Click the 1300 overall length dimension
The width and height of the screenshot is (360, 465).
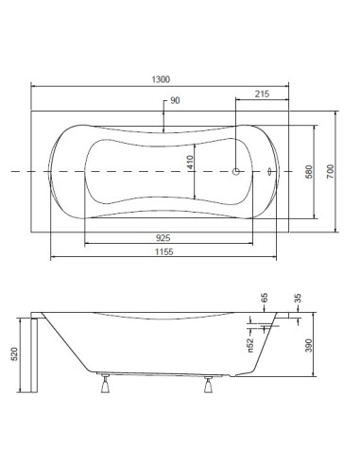point(161,79)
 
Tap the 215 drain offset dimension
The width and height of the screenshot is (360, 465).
point(262,94)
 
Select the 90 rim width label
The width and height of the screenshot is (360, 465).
point(175,100)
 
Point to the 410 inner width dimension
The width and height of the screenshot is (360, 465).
point(190,162)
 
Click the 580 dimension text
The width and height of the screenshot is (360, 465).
point(309,172)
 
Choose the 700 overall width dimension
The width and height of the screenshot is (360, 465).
point(330,172)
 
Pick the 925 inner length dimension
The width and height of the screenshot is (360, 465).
point(163,237)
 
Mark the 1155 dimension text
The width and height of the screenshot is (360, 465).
point(163,251)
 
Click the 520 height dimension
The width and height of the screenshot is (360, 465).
point(14,354)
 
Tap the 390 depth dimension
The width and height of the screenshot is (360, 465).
point(309,346)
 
